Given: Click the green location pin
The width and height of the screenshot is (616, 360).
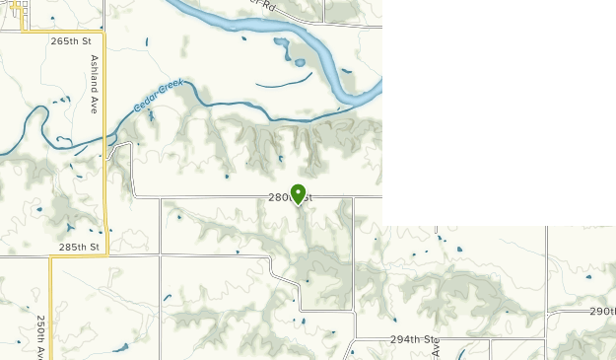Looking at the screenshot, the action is (298, 193).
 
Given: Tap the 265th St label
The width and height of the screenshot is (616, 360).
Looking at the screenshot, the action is (71, 41).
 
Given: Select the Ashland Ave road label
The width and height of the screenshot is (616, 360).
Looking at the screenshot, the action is (95, 84).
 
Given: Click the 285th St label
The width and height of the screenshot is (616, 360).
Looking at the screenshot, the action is (79, 247).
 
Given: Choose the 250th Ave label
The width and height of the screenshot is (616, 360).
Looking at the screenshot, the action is (41, 336).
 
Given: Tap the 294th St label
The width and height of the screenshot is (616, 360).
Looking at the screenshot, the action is (413, 339).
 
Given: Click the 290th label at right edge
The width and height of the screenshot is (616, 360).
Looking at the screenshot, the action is (602, 311).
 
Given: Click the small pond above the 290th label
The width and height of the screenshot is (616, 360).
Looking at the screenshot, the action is (588, 277).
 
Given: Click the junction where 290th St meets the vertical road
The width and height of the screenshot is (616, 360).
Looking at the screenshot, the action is (547, 311).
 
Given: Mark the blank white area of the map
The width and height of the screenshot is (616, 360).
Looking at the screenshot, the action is (498, 108).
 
